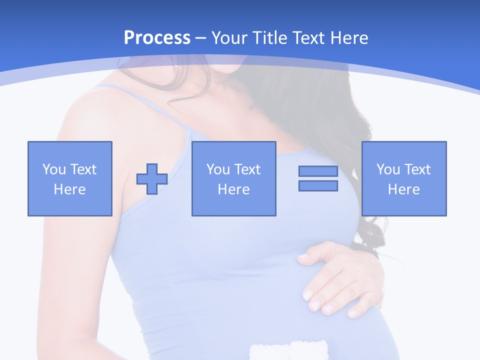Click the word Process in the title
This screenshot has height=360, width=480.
point(157,38)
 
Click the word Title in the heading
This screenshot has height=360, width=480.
point(269,38)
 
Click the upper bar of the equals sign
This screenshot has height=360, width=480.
point(318,171)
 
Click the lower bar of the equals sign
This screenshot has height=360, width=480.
point(318,186)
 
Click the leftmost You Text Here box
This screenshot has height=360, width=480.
point(70,178)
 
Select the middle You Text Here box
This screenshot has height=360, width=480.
point(234,178)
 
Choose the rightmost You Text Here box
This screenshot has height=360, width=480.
point(404,178)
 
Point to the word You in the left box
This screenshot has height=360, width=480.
point(54,169)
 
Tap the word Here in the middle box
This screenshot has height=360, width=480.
point(234,189)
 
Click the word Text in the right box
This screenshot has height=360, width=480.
point(417,169)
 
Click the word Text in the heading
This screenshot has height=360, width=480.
point(307,38)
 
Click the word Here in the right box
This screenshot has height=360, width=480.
point(404,189)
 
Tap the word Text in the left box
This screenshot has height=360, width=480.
point(83,169)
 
